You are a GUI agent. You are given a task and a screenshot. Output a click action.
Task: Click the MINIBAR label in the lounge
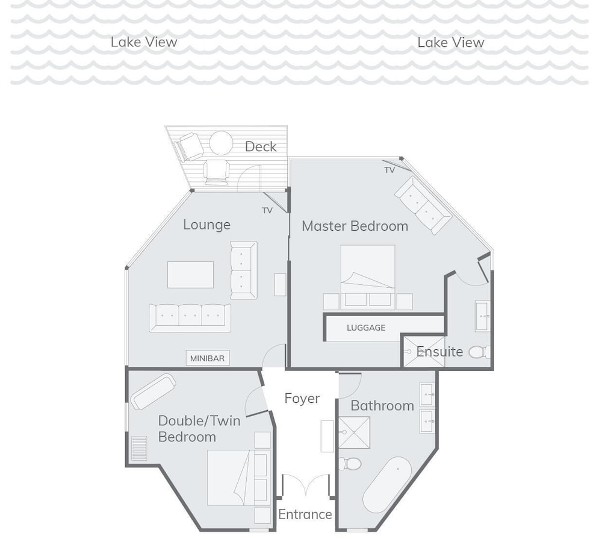(207, 358)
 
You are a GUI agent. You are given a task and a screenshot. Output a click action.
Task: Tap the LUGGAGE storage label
(366, 328)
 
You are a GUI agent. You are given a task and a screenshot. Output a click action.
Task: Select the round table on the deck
(221, 143)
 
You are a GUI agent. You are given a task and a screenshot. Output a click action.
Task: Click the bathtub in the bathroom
(387, 485)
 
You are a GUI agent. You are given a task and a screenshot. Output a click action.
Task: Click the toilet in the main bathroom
(350, 464)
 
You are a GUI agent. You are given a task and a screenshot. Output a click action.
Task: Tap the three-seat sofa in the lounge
(190, 318)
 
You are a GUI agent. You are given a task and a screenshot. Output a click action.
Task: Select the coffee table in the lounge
(190, 275)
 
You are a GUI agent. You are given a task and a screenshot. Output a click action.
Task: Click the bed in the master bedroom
(368, 277)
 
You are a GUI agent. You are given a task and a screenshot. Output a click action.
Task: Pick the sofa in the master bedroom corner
(423, 205)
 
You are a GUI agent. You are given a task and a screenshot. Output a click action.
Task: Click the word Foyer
(302, 399)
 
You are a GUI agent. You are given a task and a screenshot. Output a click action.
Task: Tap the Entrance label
(305, 514)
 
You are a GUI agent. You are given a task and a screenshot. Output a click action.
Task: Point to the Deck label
(261, 146)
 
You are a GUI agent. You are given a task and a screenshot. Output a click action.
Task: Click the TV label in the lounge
(267, 211)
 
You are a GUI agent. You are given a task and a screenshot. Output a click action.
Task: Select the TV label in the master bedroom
(389, 170)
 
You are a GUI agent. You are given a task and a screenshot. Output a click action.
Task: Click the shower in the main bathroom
(354, 432)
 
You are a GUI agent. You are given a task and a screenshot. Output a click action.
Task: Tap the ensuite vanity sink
(482, 316)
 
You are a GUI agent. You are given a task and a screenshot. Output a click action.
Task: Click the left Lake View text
(144, 42)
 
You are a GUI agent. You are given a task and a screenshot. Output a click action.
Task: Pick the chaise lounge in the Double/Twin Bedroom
(153, 391)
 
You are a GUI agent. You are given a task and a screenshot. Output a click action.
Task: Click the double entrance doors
(306, 485)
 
